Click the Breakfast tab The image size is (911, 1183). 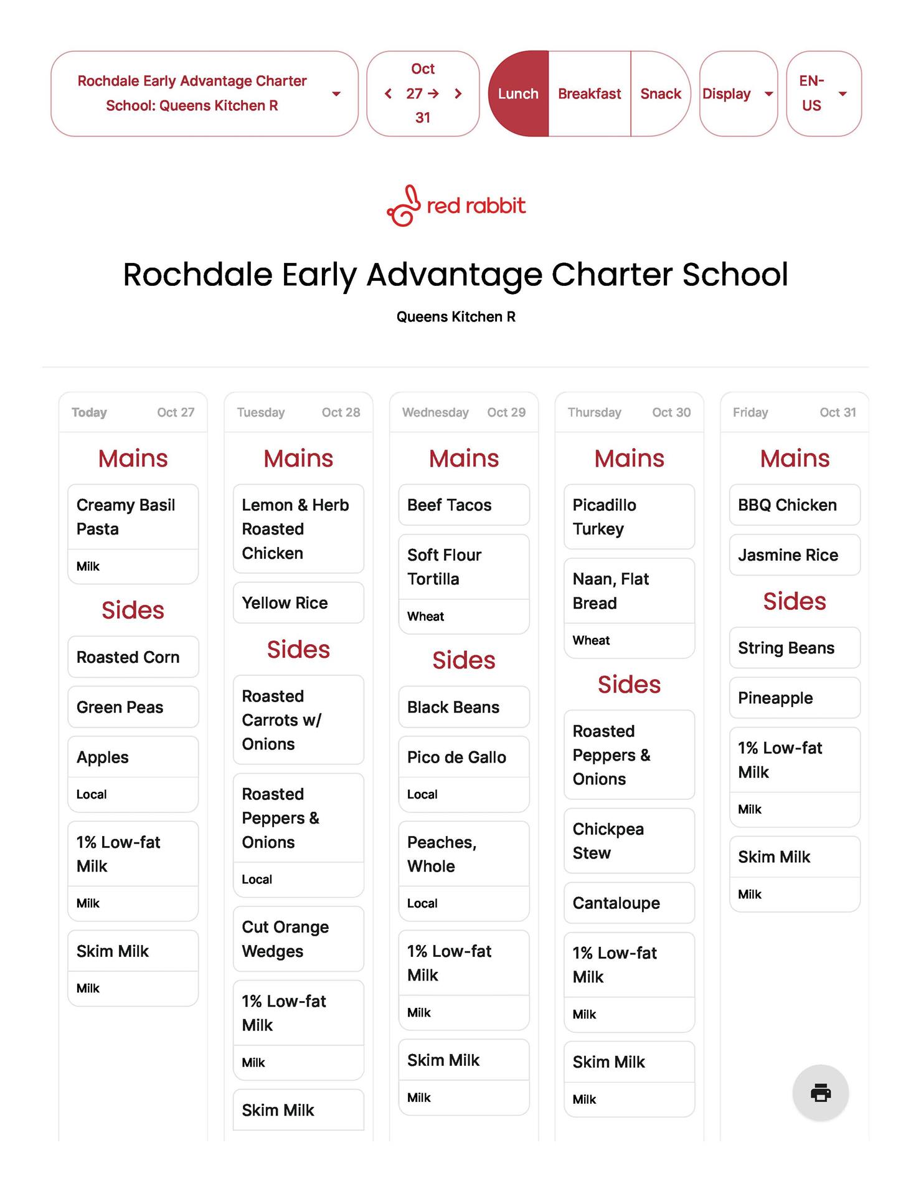coord(589,93)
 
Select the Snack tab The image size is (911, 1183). coord(660,93)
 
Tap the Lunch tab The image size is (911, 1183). coord(518,93)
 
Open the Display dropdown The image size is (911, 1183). coord(738,93)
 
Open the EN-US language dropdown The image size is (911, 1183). coord(823,93)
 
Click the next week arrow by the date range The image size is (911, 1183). coord(458,93)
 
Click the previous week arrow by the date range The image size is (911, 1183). coord(388,93)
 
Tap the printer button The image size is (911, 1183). coord(820,1093)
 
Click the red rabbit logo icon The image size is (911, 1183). coord(402,206)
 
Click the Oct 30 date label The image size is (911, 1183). coord(671,412)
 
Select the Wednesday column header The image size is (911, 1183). coord(435,412)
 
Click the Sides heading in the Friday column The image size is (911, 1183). coord(795,601)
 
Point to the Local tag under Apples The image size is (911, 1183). coord(92,794)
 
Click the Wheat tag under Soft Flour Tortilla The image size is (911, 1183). coord(425,616)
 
